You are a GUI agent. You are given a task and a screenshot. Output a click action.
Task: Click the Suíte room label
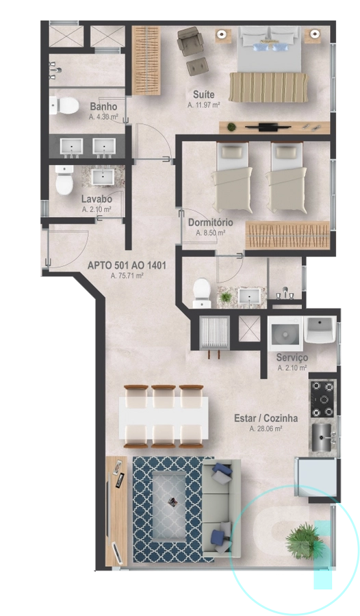click(x=203, y=94)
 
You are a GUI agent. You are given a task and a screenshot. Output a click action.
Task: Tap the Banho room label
click(x=103, y=106)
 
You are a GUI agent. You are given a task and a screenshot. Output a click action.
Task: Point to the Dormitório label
click(x=210, y=222)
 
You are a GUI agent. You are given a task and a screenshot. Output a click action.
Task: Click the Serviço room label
click(x=292, y=357)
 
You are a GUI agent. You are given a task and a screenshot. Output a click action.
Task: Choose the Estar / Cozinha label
click(x=266, y=418)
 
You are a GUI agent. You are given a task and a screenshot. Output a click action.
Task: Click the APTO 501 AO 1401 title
click(x=127, y=266)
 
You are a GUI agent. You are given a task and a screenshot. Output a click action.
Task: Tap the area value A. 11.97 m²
click(x=203, y=105)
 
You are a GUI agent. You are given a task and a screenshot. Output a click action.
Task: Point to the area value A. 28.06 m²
click(x=266, y=428)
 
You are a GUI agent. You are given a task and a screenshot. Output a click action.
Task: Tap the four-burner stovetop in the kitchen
click(x=324, y=399)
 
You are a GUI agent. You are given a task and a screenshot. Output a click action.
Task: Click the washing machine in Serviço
click(x=285, y=333)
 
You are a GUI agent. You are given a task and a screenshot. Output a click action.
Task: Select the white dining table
click(x=164, y=416)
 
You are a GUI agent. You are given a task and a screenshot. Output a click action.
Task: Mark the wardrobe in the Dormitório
click(x=287, y=235)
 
